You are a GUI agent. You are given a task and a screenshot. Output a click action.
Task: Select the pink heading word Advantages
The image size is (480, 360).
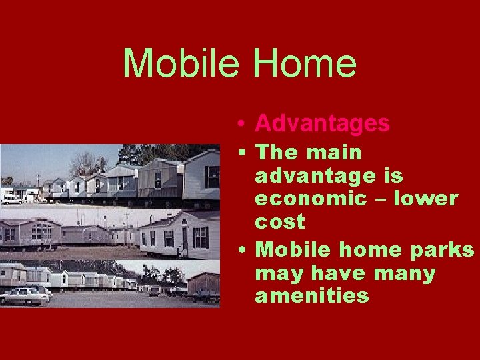pyautogui.click(x=322, y=123)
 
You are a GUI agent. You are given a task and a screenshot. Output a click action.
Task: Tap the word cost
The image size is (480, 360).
pyautogui.click(x=279, y=221)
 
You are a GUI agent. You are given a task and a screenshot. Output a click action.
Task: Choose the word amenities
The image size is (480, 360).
pyautogui.click(x=311, y=296)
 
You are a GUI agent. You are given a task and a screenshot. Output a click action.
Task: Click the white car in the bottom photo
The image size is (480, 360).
pyautogui.click(x=25, y=295)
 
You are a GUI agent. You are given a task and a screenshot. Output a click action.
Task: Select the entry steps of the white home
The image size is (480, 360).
pyautogui.click(x=181, y=249)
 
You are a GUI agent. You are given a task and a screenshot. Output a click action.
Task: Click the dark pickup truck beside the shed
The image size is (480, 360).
pyautogui.click(x=206, y=295)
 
